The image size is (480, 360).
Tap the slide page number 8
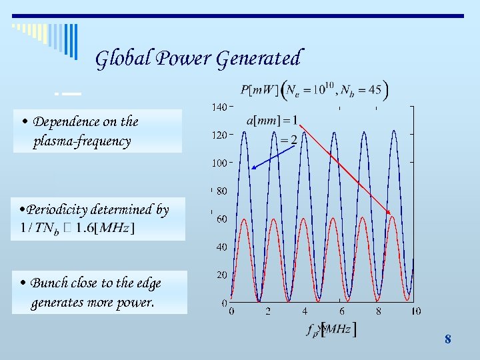click(x=447, y=339)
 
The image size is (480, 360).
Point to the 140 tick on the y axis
click(x=219, y=107)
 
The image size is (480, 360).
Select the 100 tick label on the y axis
click(x=219, y=163)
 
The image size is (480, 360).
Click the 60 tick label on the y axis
click(x=221, y=219)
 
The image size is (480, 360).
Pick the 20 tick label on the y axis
click(x=221, y=275)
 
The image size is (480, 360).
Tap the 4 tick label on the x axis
click(x=305, y=311)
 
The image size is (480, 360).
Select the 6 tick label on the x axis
click(x=341, y=311)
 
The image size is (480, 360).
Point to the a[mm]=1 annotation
click(x=272, y=121)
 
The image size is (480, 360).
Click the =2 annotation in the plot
click(x=288, y=139)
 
